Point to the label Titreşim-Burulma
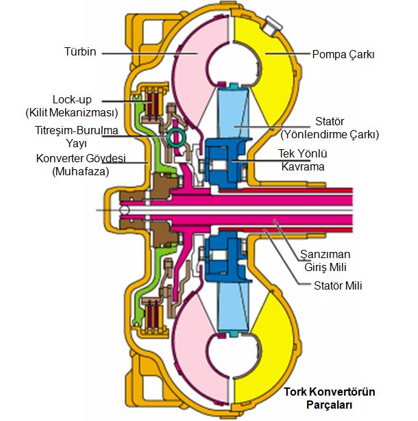click(x=75, y=130)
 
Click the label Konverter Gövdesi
click(x=75, y=159)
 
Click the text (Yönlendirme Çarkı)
click(x=330, y=134)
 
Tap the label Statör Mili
click(x=336, y=285)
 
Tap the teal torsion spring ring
click(x=176, y=137)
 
